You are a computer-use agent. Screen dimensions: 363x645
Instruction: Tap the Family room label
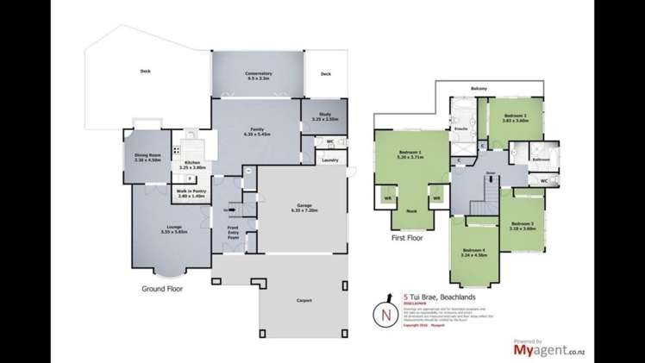258,131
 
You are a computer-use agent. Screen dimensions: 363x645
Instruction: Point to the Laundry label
328,160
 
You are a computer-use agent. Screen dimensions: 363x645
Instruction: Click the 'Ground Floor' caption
167,291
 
